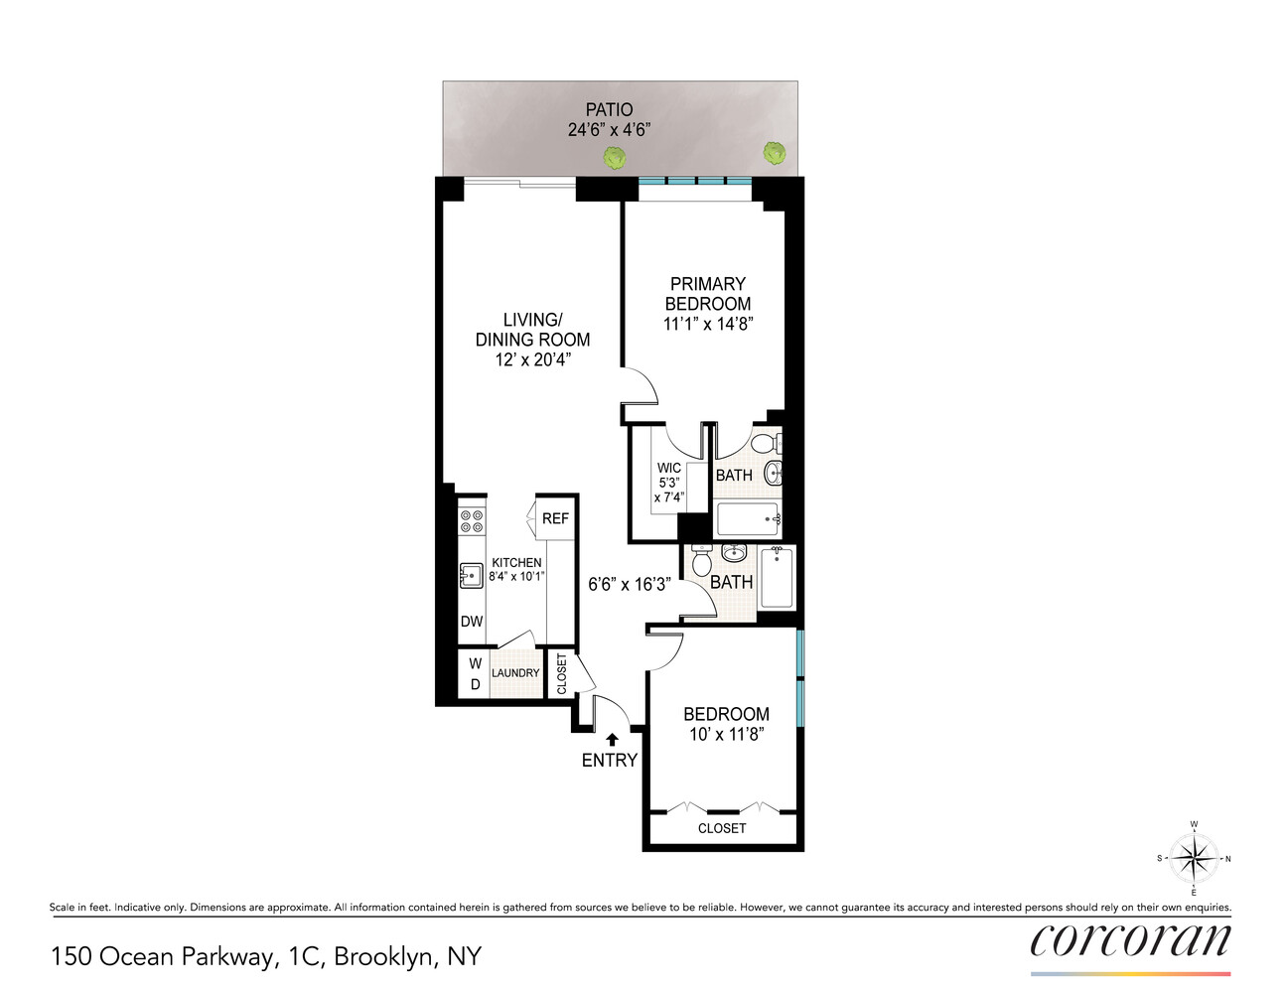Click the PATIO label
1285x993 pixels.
coord(609,109)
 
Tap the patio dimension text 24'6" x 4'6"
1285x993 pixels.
coord(609,130)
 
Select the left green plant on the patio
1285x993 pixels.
coord(615,157)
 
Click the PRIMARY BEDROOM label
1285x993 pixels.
coord(708,294)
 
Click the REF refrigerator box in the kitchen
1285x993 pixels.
coord(555,518)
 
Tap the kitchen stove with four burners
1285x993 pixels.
coord(471,521)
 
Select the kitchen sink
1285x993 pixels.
coord(471,575)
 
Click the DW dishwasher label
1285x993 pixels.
coord(472,622)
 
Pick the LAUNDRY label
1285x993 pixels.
coord(515,673)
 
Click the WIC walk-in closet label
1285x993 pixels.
coord(669,468)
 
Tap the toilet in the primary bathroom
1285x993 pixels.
coord(765,443)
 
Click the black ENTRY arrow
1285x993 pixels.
coord(612,739)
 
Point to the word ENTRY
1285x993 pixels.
coord(609,761)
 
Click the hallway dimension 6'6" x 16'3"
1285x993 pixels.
coord(630,585)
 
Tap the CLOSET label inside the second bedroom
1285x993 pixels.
coord(722,828)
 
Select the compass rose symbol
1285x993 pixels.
coord(1194,858)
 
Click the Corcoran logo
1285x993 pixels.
coord(1130,940)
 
